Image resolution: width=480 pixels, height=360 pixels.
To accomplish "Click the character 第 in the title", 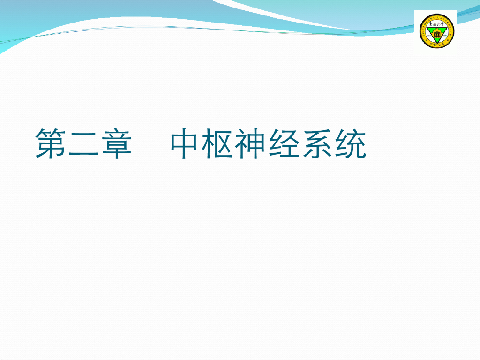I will (x=51, y=143).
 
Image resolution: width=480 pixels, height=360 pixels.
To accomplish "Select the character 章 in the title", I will (x=115, y=143).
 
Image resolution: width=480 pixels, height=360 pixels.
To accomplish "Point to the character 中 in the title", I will (x=186, y=143).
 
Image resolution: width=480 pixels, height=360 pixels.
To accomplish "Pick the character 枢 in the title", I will (x=219, y=143).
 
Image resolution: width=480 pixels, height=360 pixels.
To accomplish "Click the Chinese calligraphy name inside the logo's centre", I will (x=437, y=24).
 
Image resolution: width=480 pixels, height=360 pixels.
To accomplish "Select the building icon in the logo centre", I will (x=437, y=34).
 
